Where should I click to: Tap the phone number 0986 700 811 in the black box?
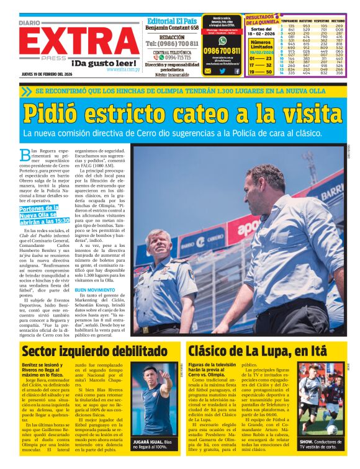tap(222, 51)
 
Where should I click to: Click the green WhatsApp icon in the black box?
tap(222, 40)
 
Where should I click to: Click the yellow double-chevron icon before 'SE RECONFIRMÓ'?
tap(26, 91)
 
